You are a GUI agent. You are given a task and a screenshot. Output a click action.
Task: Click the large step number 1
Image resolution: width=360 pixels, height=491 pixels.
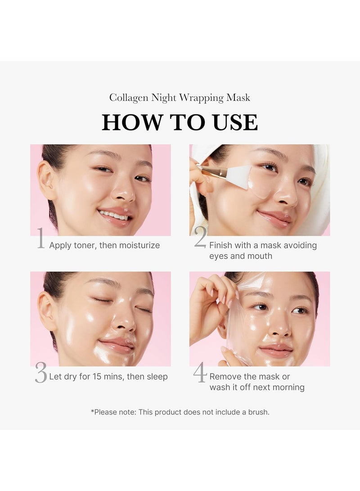coord(41,239)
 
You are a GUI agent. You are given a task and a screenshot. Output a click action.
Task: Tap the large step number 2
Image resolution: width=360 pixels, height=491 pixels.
coord(200,239)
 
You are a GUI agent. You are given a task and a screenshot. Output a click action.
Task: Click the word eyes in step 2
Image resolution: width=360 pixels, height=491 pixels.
coord(218,256)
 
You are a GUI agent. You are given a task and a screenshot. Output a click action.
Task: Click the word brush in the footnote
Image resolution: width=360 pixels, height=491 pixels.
coord(257,412)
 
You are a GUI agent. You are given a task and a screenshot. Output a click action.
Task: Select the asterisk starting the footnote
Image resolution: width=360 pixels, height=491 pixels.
coord(92,411)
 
